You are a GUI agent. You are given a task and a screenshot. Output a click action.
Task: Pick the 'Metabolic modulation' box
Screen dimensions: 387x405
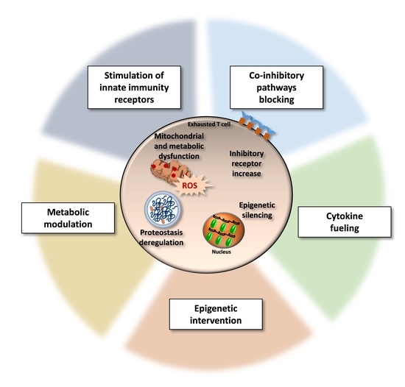click(x=63, y=221)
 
